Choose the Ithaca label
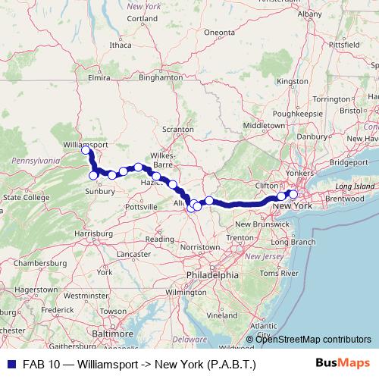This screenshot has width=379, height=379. point(121,45)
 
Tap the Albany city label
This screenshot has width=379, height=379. point(309,13)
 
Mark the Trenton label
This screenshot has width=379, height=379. point(240,237)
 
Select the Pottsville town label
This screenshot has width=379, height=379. point(141,206)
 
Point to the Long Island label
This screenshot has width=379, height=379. point(354,186)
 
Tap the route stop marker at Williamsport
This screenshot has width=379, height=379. point(86,150)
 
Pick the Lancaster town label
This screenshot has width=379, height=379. point(134,254)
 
